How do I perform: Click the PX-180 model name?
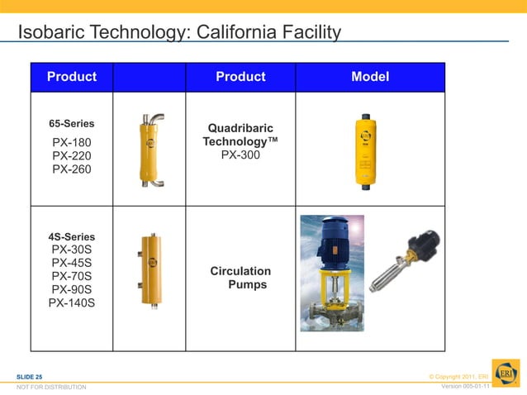coord(72,142)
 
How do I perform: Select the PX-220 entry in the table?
coord(72,155)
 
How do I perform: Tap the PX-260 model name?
coord(72,169)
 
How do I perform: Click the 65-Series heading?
coord(72,124)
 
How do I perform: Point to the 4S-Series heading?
coord(72,237)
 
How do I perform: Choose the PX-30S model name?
coord(72,250)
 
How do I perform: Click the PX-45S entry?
coord(72,263)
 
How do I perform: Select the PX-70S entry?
coord(72,276)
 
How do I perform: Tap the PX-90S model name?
coord(72,289)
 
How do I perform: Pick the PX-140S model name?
coord(72,302)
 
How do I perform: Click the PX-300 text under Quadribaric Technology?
coord(240,155)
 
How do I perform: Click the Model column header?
coord(370,77)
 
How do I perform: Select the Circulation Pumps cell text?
coord(240,278)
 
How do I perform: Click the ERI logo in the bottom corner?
coord(506,372)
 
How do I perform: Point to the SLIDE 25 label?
coord(30,377)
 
